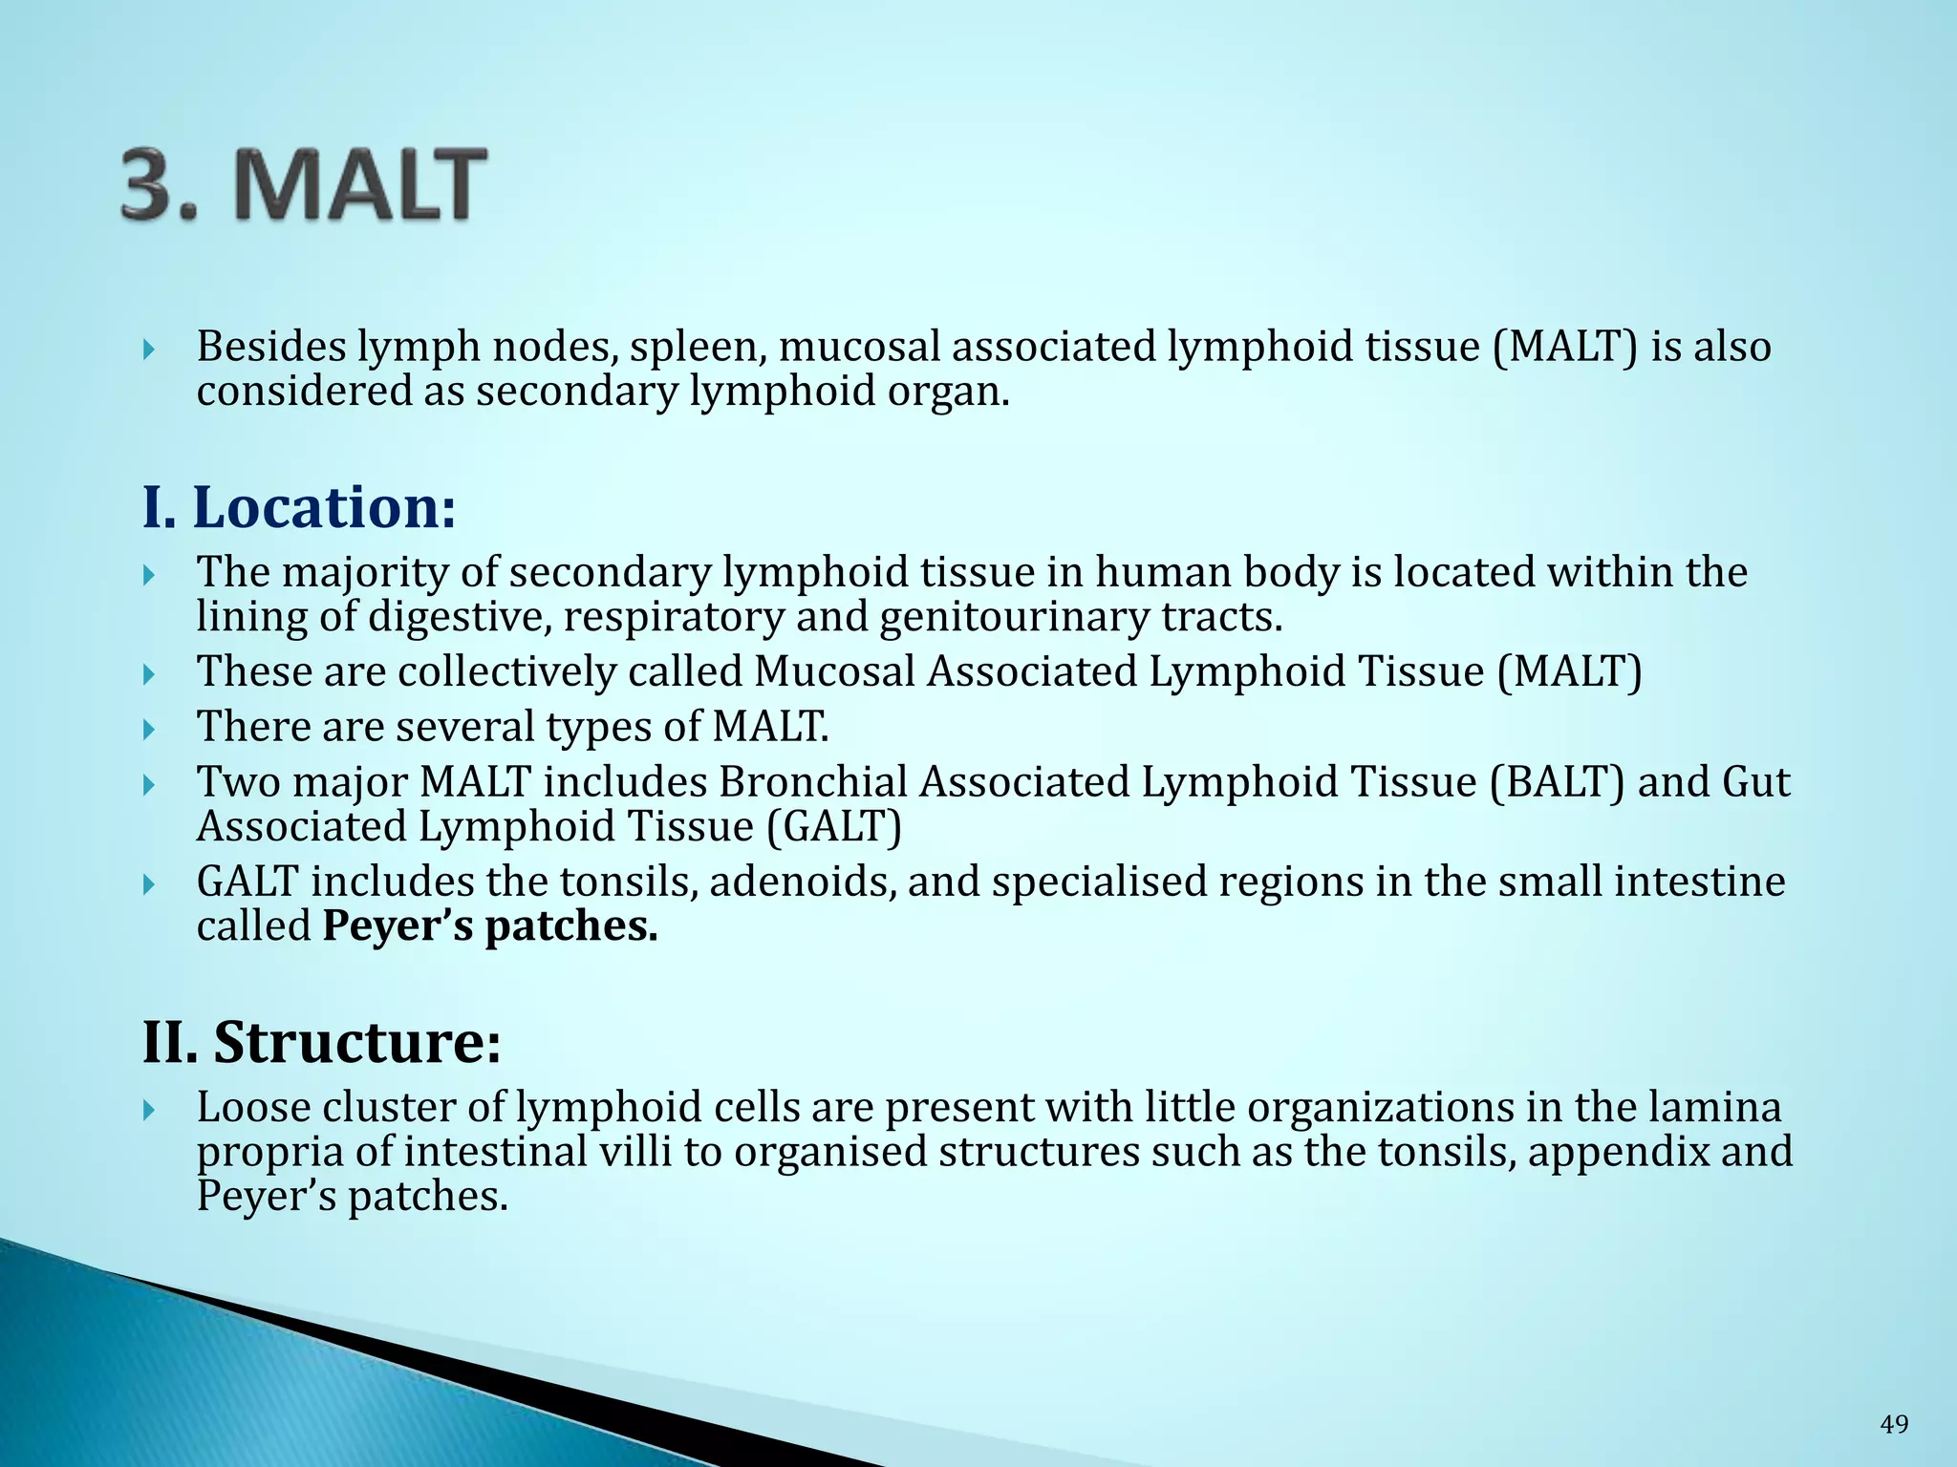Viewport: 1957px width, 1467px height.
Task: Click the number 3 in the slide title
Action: click(x=153, y=184)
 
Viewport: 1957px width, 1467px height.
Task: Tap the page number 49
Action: click(x=1894, y=1424)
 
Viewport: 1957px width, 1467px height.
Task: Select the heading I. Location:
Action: click(x=299, y=507)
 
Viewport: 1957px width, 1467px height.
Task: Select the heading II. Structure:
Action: click(x=321, y=1042)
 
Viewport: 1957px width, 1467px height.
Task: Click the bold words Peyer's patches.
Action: click(x=490, y=925)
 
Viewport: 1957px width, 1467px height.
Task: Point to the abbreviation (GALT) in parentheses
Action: click(x=834, y=826)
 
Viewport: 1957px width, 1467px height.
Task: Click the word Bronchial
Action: click(x=813, y=782)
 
